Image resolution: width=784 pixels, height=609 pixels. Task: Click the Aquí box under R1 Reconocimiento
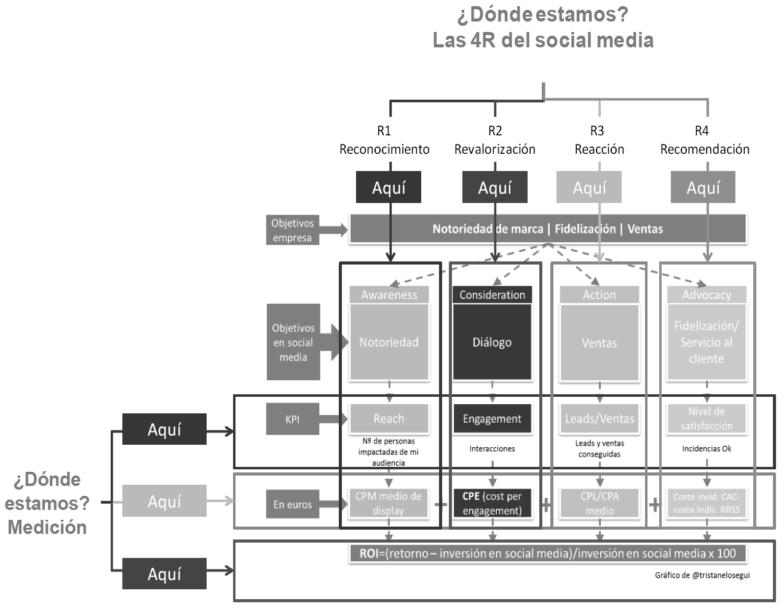(389, 188)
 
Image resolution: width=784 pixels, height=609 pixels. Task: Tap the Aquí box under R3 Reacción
(589, 188)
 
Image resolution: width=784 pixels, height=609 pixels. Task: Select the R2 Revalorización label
(495, 140)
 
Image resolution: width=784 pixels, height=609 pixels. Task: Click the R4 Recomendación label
(705, 140)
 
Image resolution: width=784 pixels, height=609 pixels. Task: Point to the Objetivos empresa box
(293, 230)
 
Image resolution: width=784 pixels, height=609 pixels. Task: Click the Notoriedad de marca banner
(547, 229)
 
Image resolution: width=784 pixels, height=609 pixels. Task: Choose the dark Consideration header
(492, 295)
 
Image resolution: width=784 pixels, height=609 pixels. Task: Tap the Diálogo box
(492, 342)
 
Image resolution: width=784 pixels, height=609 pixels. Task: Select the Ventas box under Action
(599, 343)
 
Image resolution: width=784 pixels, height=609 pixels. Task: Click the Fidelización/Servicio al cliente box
(706, 342)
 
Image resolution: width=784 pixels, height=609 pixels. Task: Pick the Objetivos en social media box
(293, 342)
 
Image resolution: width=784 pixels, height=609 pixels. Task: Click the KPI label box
(293, 420)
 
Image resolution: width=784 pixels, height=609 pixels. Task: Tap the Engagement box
(492, 419)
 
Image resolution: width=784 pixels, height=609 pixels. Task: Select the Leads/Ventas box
(600, 419)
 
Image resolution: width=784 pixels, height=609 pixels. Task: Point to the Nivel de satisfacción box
(706, 418)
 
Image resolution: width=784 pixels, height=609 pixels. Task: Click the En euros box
(293, 504)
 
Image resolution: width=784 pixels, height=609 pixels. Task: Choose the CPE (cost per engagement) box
(492, 503)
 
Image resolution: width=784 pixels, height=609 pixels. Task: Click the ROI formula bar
(547, 553)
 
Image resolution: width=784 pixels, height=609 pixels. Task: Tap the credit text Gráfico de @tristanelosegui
(702, 575)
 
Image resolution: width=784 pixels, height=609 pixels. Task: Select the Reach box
(389, 419)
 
